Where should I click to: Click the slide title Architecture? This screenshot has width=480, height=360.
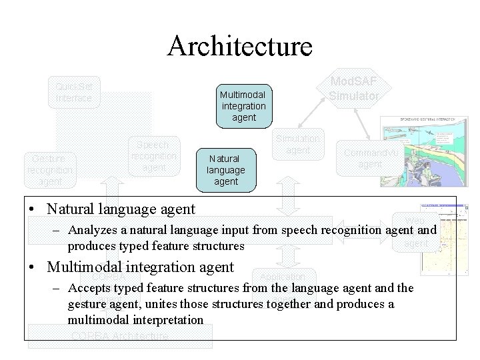tap(240, 46)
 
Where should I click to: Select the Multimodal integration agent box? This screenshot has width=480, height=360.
tap(244, 106)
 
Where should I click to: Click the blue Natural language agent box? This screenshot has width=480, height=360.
tap(226, 170)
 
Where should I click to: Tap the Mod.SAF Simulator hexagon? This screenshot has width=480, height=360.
tap(353, 89)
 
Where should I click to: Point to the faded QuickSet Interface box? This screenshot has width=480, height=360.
tap(74, 92)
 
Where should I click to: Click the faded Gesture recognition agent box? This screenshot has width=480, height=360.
tap(50, 170)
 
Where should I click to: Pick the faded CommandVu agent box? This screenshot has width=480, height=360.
tap(369, 158)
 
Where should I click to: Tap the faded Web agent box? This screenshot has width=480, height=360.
tap(415, 232)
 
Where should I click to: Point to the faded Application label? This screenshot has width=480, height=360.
tap(282, 277)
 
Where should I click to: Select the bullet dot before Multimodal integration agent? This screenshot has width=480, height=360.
tap(33, 268)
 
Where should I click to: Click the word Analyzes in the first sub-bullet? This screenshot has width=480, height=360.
tap(90, 231)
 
